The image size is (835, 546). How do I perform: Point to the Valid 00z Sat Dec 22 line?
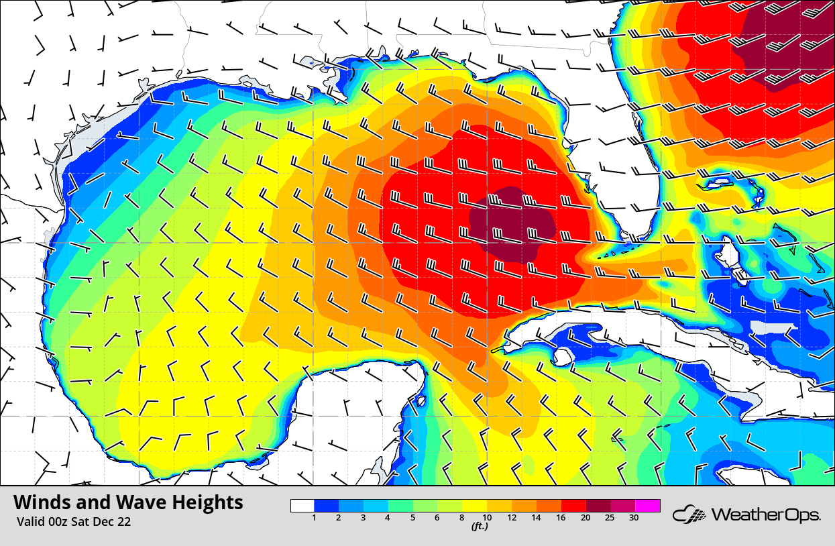pos(74,522)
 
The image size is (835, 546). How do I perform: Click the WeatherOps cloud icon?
pos(689,515)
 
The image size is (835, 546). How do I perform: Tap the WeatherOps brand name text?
pos(765,515)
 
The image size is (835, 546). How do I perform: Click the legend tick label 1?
pos(314,517)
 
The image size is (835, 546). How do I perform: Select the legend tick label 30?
pos(633,517)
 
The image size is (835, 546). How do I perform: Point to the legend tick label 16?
pos(562,517)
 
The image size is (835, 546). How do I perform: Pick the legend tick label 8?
pos(463,517)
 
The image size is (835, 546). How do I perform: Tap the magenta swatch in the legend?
pos(648,506)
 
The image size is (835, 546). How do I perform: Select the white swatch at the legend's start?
pos(302,506)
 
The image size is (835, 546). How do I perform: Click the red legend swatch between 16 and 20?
pos(574,506)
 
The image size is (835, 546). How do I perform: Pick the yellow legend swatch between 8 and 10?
pos(475,506)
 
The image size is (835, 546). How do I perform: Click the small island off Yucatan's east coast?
pos(421,401)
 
